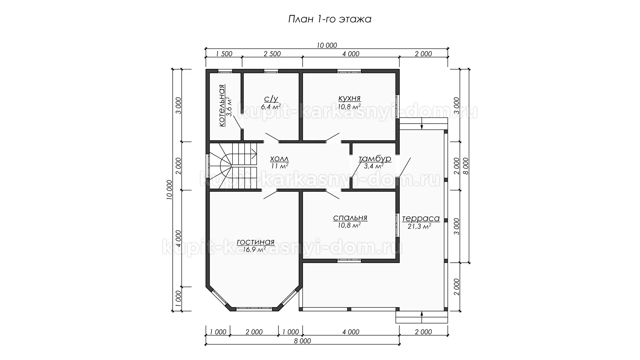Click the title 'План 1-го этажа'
(329, 19)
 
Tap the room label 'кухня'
(349, 98)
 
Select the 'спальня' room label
(350, 218)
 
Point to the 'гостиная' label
(255, 242)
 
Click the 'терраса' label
(421, 219)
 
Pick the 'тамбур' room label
(375, 159)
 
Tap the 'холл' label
(279, 159)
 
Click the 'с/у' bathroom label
(271, 99)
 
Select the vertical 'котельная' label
(222, 106)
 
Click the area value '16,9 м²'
(254, 249)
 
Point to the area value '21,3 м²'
(419, 226)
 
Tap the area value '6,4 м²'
(271, 107)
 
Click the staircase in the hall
(233, 166)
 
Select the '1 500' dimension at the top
(224, 54)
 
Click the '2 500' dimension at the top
(272, 54)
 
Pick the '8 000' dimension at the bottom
(303, 341)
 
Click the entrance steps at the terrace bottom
(421, 317)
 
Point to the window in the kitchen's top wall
(349, 71)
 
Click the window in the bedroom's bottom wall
(349, 261)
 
